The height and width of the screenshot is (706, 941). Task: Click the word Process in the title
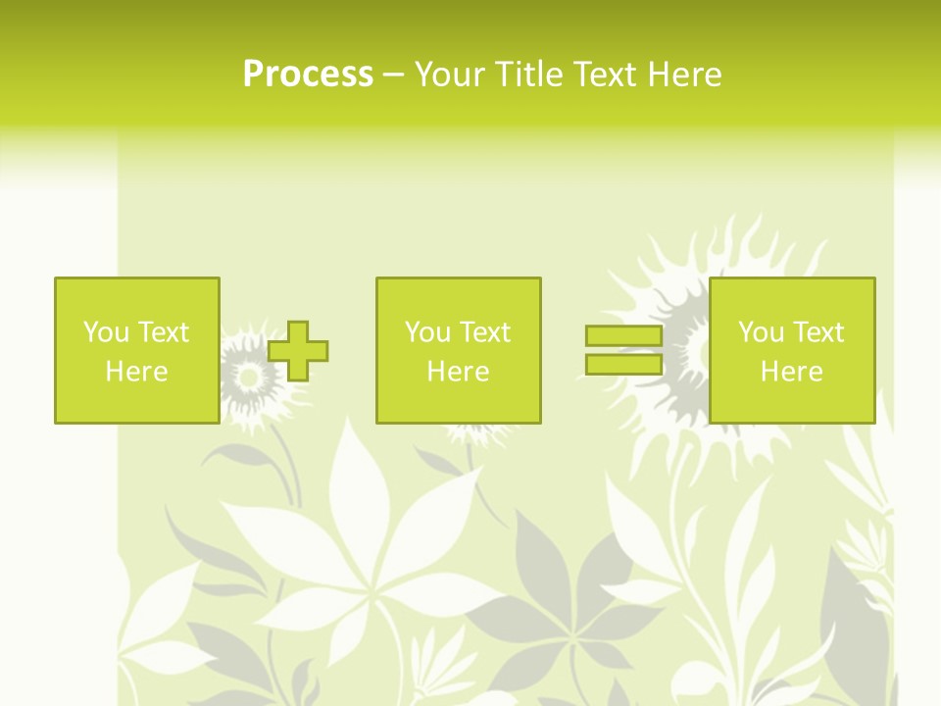pyautogui.click(x=308, y=74)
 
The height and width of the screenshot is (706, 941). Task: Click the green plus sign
pyautogui.click(x=298, y=350)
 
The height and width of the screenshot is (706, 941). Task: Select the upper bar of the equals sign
pyautogui.click(x=623, y=335)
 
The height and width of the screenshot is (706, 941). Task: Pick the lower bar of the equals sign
pyautogui.click(x=623, y=365)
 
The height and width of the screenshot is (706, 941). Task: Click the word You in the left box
pyautogui.click(x=106, y=332)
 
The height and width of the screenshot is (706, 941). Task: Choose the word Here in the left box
pyautogui.click(x=136, y=372)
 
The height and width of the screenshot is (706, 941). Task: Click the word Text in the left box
pyautogui.click(x=163, y=332)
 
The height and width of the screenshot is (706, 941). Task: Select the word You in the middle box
pyautogui.click(x=427, y=332)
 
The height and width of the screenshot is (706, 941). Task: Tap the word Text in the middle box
pyautogui.click(x=484, y=332)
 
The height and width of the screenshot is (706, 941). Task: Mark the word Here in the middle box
pyautogui.click(x=458, y=372)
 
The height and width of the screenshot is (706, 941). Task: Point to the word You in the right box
pyautogui.click(x=761, y=332)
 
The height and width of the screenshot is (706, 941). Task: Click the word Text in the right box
pyautogui.click(x=817, y=332)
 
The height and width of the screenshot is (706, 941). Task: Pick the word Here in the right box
pyautogui.click(x=791, y=372)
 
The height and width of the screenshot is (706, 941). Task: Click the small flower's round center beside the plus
pyautogui.click(x=249, y=377)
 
